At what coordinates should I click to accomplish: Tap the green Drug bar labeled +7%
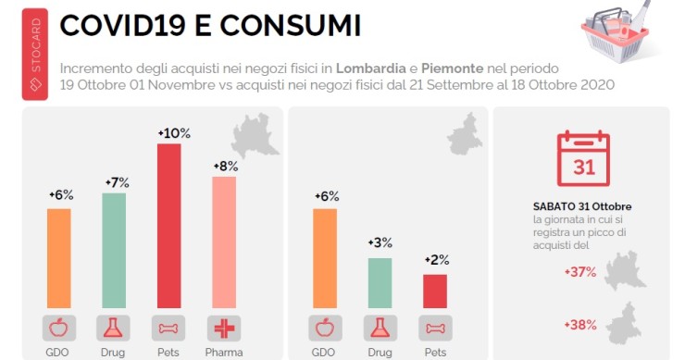(114, 249)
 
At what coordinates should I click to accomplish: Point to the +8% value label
(225, 167)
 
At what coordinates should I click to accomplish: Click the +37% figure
(579, 272)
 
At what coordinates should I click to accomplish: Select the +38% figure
(579, 325)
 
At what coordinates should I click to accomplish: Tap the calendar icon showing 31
(583, 158)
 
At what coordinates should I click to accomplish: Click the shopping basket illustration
(616, 31)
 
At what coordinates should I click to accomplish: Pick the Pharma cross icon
(225, 328)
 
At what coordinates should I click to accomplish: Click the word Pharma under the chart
(225, 352)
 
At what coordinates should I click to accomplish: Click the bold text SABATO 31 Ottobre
(582, 205)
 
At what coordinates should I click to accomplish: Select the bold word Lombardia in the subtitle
(373, 69)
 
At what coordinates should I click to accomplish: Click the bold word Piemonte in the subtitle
(455, 69)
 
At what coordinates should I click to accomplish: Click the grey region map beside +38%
(629, 323)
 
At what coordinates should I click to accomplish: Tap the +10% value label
(173, 133)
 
